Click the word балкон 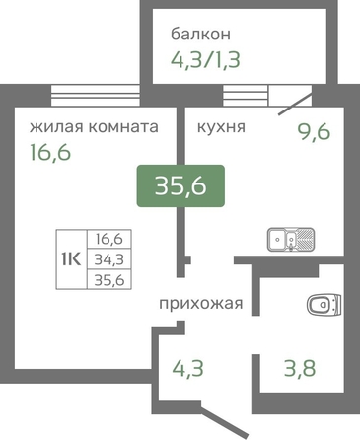pyautogui.click(x=200, y=34)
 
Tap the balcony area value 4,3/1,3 pyautogui.click(x=205, y=60)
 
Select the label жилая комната pyautogui.click(x=94, y=126)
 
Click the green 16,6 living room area pyautogui.click(x=50, y=152)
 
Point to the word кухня pyautogui.click(x=221, y=126)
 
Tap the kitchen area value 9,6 pyautogui.click(x=314, y=132)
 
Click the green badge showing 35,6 pyautogui.click(x=180, y=185)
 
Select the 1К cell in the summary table pyautogui.click(x=71, y=259)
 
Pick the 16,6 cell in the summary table pyautogui.click(x=109, y=239)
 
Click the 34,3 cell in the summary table pyautogui.click(x=109, y=259)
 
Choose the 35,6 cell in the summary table pyautogui.click(x=109, y=280)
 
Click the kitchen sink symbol pyautogui.click(x=291, y=239)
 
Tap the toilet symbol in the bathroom pyautogui.click(x=324, y=304)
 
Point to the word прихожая pyautogui.click(x=201, y=304)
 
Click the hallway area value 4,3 pyautogui.click(x=188, y=368)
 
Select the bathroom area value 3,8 pyautogui.click(x=300, y=368)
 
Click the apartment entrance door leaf pyautogui.click(x=224, y=422)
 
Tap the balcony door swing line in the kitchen pyautogui.click(x=295, y=104)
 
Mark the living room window pyautogui.click(x=96, y=96)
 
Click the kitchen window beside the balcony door pyautogui.click(x=245, y=96)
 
